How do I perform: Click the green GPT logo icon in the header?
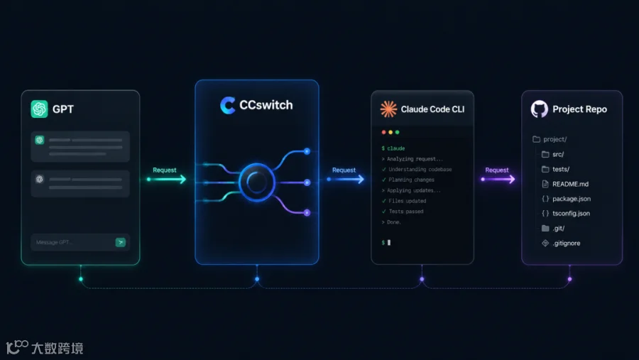click(x=40, y=109)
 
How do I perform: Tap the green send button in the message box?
click(x=121, y=242)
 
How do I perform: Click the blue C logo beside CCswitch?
click(x=228, y=105)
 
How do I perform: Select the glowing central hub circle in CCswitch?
click(x=257, y=182)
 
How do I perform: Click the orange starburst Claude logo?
click(x=388, y=109)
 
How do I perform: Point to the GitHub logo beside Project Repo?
click(x=540, y=109)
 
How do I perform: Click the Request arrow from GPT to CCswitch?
click(x=166, y=179)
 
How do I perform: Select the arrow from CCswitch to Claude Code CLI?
click(x=346, y=179)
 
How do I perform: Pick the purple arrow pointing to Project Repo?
click(x=498, y=179)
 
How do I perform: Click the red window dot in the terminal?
click(x=383, y=132)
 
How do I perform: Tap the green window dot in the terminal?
click(x=398, y=132)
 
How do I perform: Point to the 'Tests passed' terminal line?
click(x=403, y=211)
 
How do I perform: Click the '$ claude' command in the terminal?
click(x=393, y=148)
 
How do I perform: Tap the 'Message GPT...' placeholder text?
click(x=54, y=242)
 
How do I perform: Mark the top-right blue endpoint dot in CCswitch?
click(x=307, y=151)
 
